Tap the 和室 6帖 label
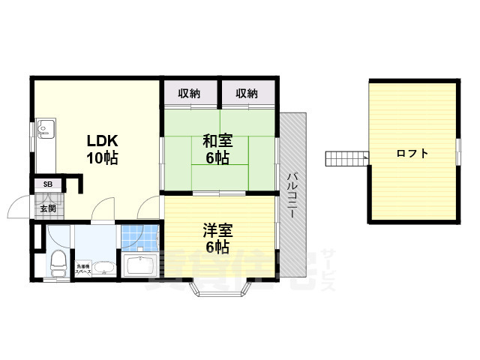tap(217, 148)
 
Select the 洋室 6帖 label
tap(217, 236)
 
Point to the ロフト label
tap(412, 154)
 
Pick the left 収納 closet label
tap(189, 94)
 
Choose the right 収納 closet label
tap(247, 94)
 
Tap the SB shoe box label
tap(47, 184)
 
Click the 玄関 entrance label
tap(48, 208)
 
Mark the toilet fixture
tap(55, 263)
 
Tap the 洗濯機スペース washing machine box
tap(82, 269)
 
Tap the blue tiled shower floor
tap(140, 239)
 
